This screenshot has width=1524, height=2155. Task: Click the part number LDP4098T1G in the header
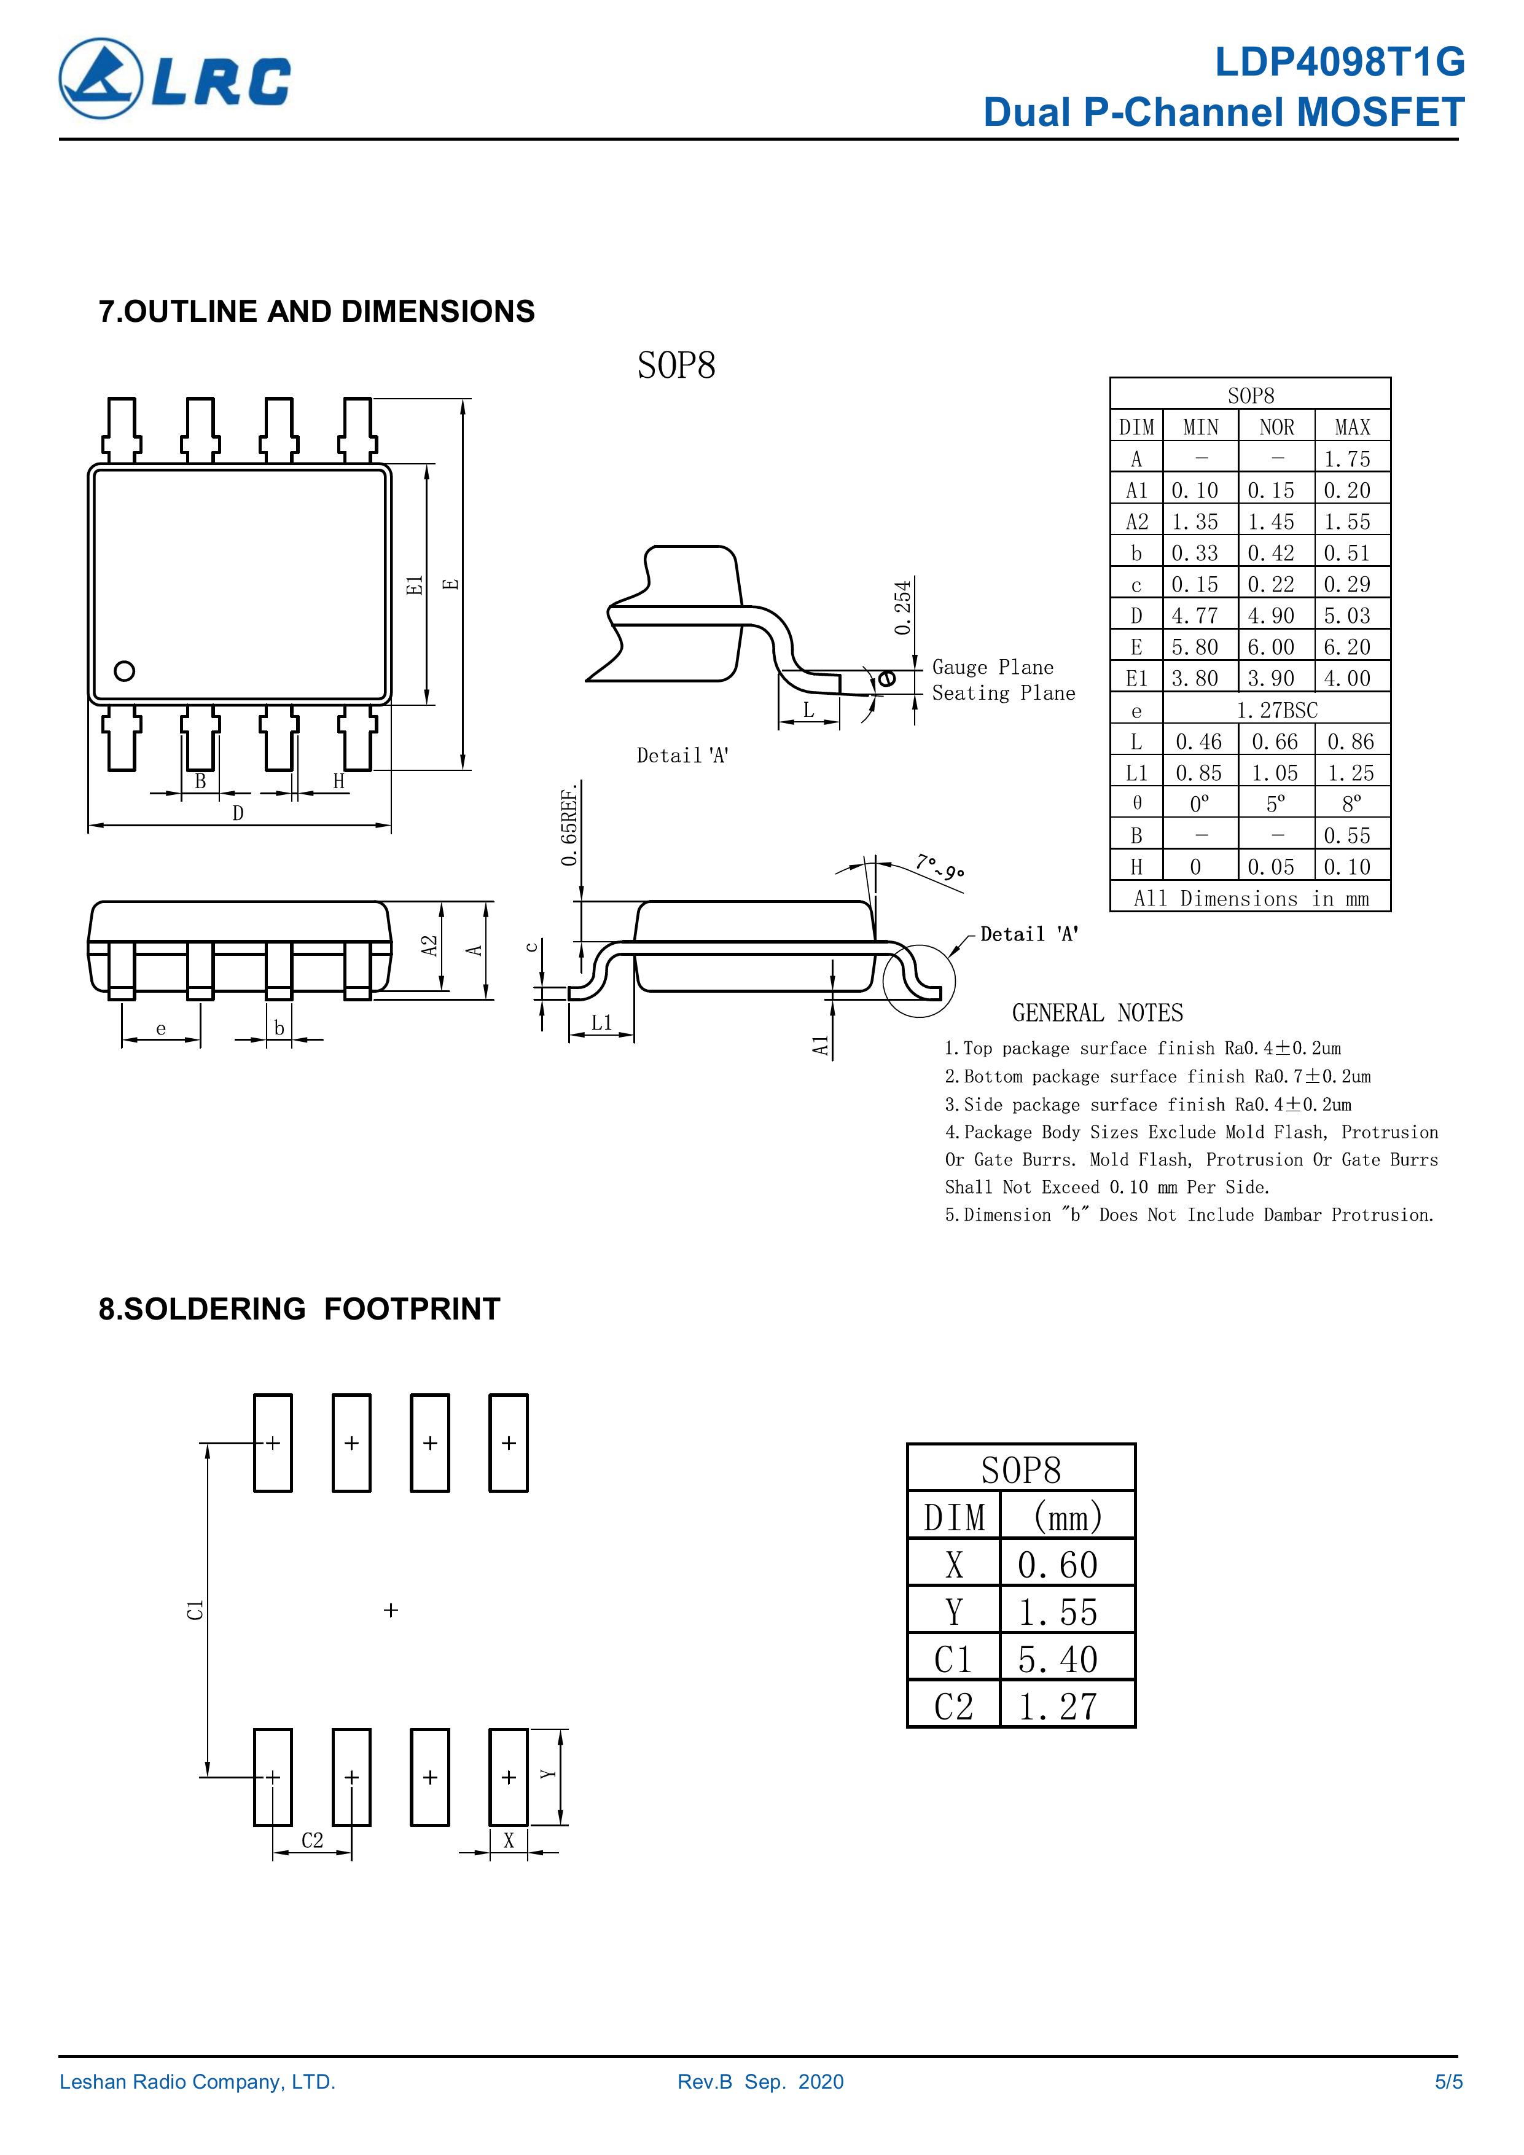(1339, 63)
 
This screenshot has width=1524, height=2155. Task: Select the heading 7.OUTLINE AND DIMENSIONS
(316, 311)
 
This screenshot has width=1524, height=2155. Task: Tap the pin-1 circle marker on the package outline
(124, 671)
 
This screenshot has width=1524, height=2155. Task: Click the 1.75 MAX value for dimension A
(1348, 459)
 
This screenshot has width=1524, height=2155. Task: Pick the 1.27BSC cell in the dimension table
(1276, 711)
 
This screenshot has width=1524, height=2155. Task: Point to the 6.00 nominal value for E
(1271, 647)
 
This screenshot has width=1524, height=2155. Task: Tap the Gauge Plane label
(993, 667)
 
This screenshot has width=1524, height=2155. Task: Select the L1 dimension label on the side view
(601, 1023)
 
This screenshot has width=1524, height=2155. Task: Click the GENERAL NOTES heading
(1097, 1013)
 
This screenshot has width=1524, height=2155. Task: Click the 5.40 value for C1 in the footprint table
(1058, 1659)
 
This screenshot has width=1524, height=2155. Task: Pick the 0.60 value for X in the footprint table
(1058, 1565)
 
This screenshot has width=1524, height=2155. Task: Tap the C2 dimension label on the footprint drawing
(313, 1840)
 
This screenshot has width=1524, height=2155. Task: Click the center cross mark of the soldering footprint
(391, 1609)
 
